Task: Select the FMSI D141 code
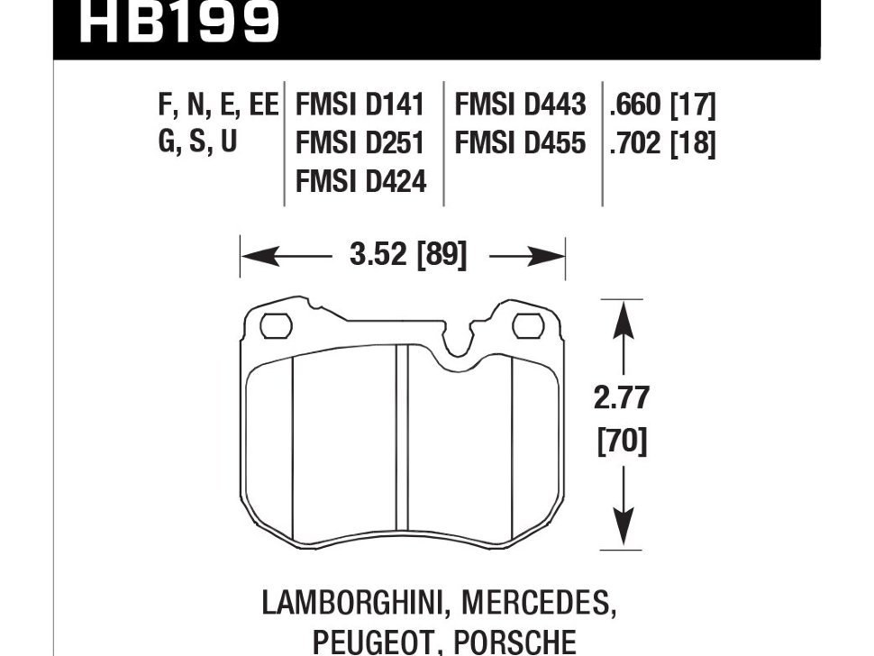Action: tap(360, 105)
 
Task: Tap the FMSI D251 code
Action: tap(360, 144)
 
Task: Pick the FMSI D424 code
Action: tap(360, 183)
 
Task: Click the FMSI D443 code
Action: tap(521, 105)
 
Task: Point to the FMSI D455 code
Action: tap(521, 144)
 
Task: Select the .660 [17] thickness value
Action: tap(662, 105)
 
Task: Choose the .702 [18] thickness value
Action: tap(662, 144)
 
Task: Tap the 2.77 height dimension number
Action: tap(622, 398)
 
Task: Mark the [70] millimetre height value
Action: tap(622, 442)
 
